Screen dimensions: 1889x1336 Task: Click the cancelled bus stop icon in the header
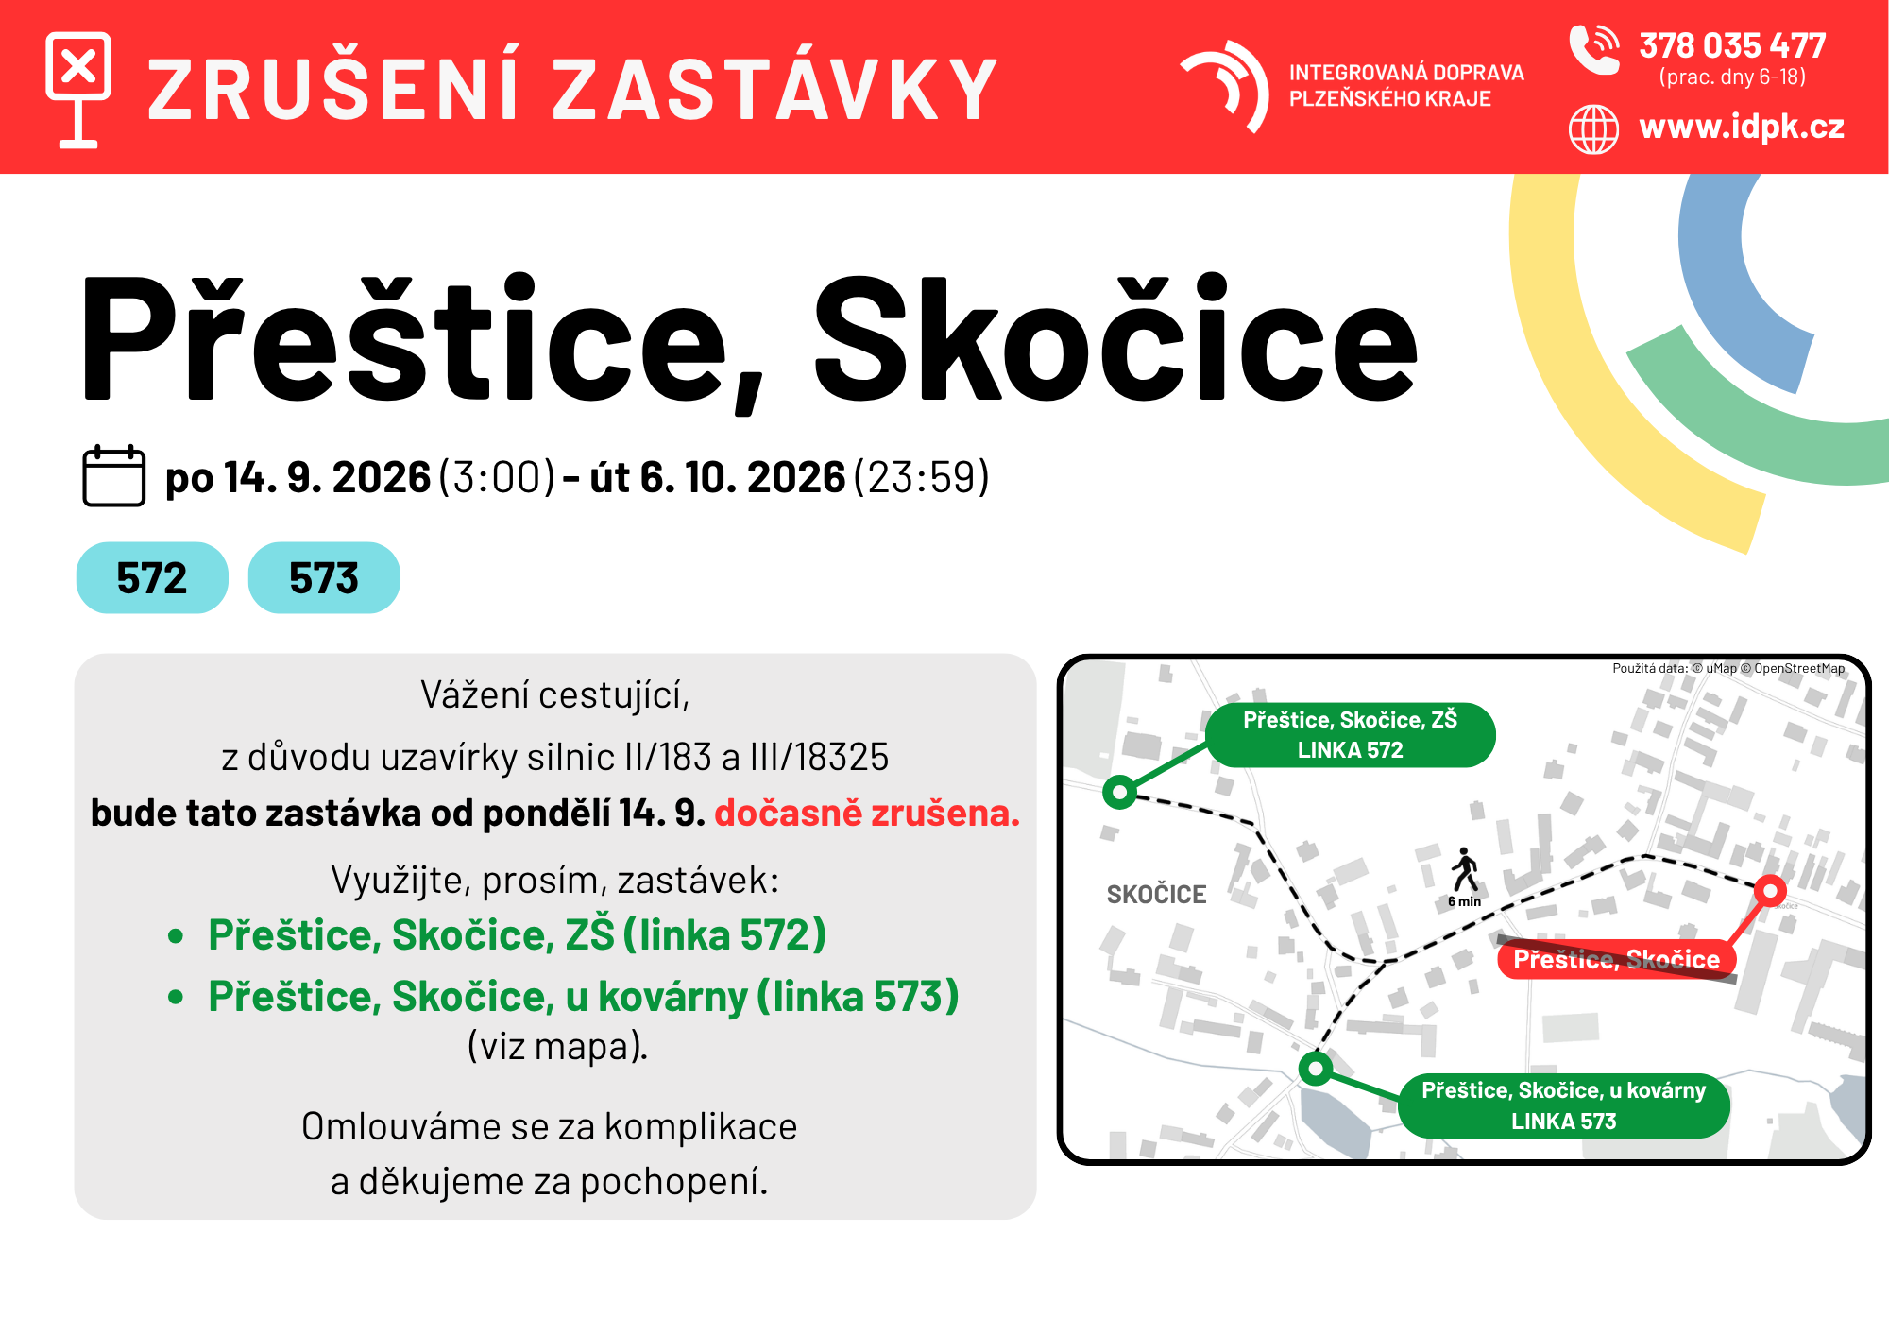click(x=78, y=90)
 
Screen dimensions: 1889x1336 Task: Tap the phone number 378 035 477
click(x=1732, y=45)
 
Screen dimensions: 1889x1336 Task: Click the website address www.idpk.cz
click(x=1742, y=127)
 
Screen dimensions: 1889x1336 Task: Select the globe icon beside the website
click(x=1593, y=129)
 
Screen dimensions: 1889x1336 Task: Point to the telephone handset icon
click(x=1593, y=49)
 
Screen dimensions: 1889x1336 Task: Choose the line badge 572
click(x=152, y=577)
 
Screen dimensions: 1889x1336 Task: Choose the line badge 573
click(x=324, y=577)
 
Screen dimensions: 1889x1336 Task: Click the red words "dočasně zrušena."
click(x=867, y=813)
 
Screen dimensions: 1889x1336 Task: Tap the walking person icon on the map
click(x=1465, y=869)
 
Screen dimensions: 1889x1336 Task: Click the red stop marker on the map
click(x=1770, y=890)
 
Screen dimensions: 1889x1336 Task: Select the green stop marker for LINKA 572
click(x=1120, y=792)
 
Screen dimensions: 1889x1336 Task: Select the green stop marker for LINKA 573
click(x=1316, y=1069)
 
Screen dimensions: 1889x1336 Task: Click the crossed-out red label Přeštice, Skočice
click(x=1617, y=960)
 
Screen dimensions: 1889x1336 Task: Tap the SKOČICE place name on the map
click(x=1156, y=895)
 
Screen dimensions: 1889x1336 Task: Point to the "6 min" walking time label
click(x=1464, y=901)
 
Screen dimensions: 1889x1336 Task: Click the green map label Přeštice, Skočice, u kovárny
click(x=1564, y=1105)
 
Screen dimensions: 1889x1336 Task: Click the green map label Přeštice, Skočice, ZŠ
click(x=1351, y=735)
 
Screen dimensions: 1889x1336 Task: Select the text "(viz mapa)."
click(x=557, y=1047)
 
